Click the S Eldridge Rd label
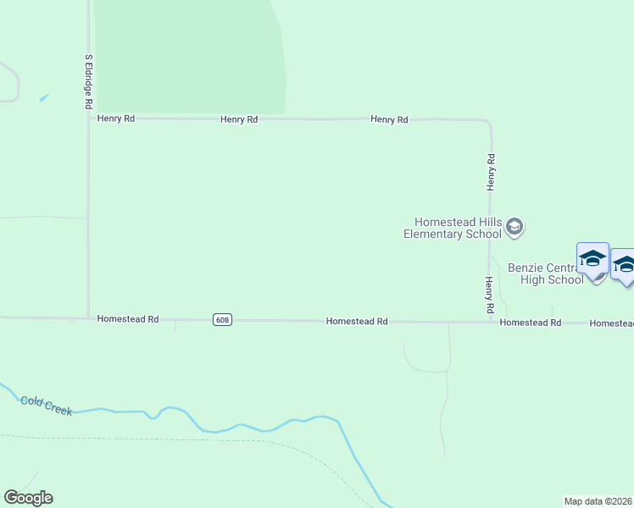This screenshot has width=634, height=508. pyautogui.click(x=88, y=82)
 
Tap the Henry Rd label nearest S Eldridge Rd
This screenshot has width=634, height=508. pyautogui.click(x=116, y=119)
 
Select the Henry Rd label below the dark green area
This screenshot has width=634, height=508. pyautogui.click(x=239, y=120)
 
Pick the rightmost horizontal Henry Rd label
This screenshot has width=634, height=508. pyautogui.click(x=389, y=120)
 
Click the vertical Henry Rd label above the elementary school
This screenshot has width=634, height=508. pyautogui.click(x=491, y=171)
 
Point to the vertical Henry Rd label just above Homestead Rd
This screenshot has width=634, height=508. pyautogui.click(x=490, y=295)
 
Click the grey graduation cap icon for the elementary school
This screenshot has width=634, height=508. pyautogui.click(x=514, y=227)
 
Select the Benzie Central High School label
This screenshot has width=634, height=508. pyautogui.click(x=545, y=273)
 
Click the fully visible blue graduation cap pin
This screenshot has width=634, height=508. pyautogui.click(x=592, y=259)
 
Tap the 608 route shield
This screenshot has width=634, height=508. pyautogui.click(x=222, y=320)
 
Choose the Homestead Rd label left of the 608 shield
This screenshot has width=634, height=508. pyautogui.click(x=128, y=319)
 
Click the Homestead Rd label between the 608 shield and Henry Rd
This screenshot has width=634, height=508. pyautogui.click(x=357, y=322)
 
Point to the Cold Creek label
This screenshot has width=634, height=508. pyautogui.click(x=47, y=405)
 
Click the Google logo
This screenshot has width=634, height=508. pyautogui.click(x=28, y=498)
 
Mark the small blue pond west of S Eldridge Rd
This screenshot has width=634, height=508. pyautogui.click(x=43, y=97)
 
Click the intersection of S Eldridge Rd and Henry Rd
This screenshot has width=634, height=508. pyautogui.click(x=89, y=119)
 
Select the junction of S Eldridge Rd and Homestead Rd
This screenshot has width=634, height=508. pyautogui.click(x=89, y=319)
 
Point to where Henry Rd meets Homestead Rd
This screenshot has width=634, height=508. pyautogui.click(x=490, y=322)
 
